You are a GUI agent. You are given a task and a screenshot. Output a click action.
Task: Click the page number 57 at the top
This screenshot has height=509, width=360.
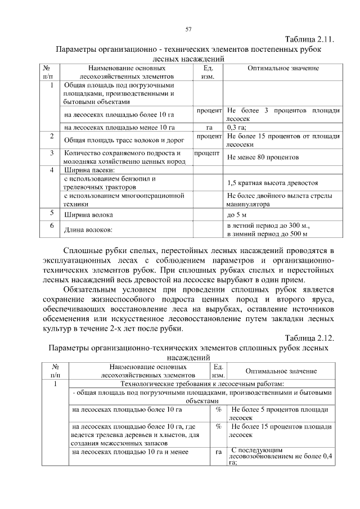[x=189, y=29]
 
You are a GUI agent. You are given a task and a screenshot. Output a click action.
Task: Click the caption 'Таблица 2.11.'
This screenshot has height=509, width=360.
[x=310, y=39]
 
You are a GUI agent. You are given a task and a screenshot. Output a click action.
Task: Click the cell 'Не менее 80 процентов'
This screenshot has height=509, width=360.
[x=262, y=157]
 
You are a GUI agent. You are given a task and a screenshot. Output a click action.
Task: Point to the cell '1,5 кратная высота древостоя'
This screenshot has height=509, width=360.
[x=273, y=183]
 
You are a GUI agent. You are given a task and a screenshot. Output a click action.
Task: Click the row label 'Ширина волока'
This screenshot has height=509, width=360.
[x=88, y=215]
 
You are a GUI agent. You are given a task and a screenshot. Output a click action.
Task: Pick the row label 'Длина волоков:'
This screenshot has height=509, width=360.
[x=88, y=229]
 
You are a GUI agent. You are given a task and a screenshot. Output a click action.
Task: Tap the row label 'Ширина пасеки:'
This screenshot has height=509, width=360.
[x=89, y=170]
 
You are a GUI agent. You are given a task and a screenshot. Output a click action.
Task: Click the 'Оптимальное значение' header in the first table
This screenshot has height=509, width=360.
[x=283, y=69]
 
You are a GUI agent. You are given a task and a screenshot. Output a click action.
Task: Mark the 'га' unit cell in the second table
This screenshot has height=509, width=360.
[x=218, y=451]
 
